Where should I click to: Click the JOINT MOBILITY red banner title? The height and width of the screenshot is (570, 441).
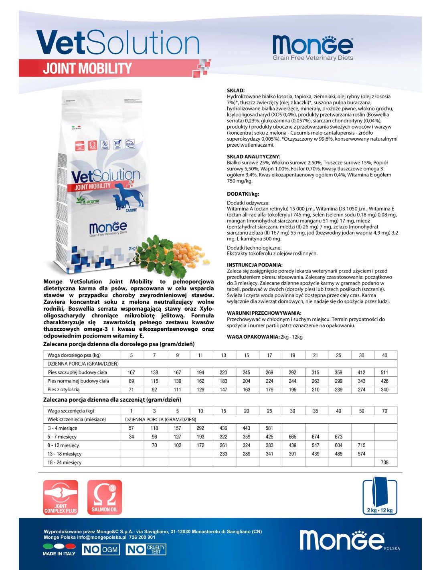87,69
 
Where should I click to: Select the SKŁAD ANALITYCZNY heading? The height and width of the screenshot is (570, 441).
254,157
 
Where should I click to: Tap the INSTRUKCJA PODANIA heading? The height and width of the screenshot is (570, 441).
255,265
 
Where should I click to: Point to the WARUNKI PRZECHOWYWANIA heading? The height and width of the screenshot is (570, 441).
264,313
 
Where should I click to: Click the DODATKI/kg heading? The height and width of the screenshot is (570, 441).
243,194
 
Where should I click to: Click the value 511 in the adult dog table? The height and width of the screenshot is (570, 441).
384,372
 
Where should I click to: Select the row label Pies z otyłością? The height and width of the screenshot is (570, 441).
64,390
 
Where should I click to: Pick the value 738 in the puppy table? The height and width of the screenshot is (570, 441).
384,463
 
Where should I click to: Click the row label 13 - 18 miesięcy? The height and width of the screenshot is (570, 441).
65,454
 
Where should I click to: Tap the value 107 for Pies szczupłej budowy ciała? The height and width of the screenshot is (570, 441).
131,372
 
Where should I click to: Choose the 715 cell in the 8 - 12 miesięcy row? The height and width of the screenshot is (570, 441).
362,445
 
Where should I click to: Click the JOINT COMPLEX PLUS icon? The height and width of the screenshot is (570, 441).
61,497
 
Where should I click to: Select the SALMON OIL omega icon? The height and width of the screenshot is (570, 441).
105,497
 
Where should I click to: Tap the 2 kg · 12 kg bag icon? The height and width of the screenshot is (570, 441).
380,497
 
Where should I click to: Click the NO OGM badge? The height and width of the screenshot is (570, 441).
101,550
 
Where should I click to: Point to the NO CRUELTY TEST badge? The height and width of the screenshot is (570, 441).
146,550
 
